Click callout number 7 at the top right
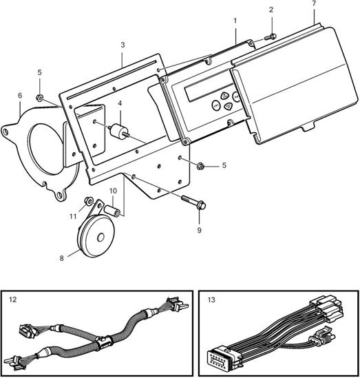click(x=314, y=4)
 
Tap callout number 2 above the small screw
click(x=271, y=10)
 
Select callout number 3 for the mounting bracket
click(x=123, y=45)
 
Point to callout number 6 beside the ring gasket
click(x=20, y=96)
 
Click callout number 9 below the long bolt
click(x=200, y=231)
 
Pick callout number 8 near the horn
click(x=62, y=258)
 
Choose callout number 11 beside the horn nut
click(x=73, y=216)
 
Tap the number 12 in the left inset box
click(x=13, y=300)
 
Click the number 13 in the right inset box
click(x=211, y=300)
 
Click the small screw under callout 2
click(x=271, y=37)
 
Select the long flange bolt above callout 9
click(x=193, y=202)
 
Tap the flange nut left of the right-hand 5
click(x=200, y=166)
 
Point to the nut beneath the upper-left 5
click(x=39, y=98)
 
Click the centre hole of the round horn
click(x=100, y=238)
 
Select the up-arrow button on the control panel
click(x=224, y=96)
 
